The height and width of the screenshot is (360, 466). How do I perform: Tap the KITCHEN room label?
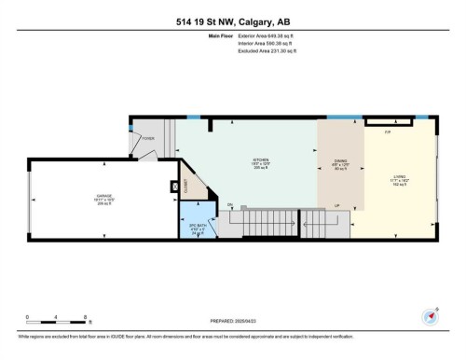pos(246,159)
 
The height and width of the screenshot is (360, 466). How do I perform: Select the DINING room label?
pos(340,160)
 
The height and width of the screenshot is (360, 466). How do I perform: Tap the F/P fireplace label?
pos(387,132)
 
